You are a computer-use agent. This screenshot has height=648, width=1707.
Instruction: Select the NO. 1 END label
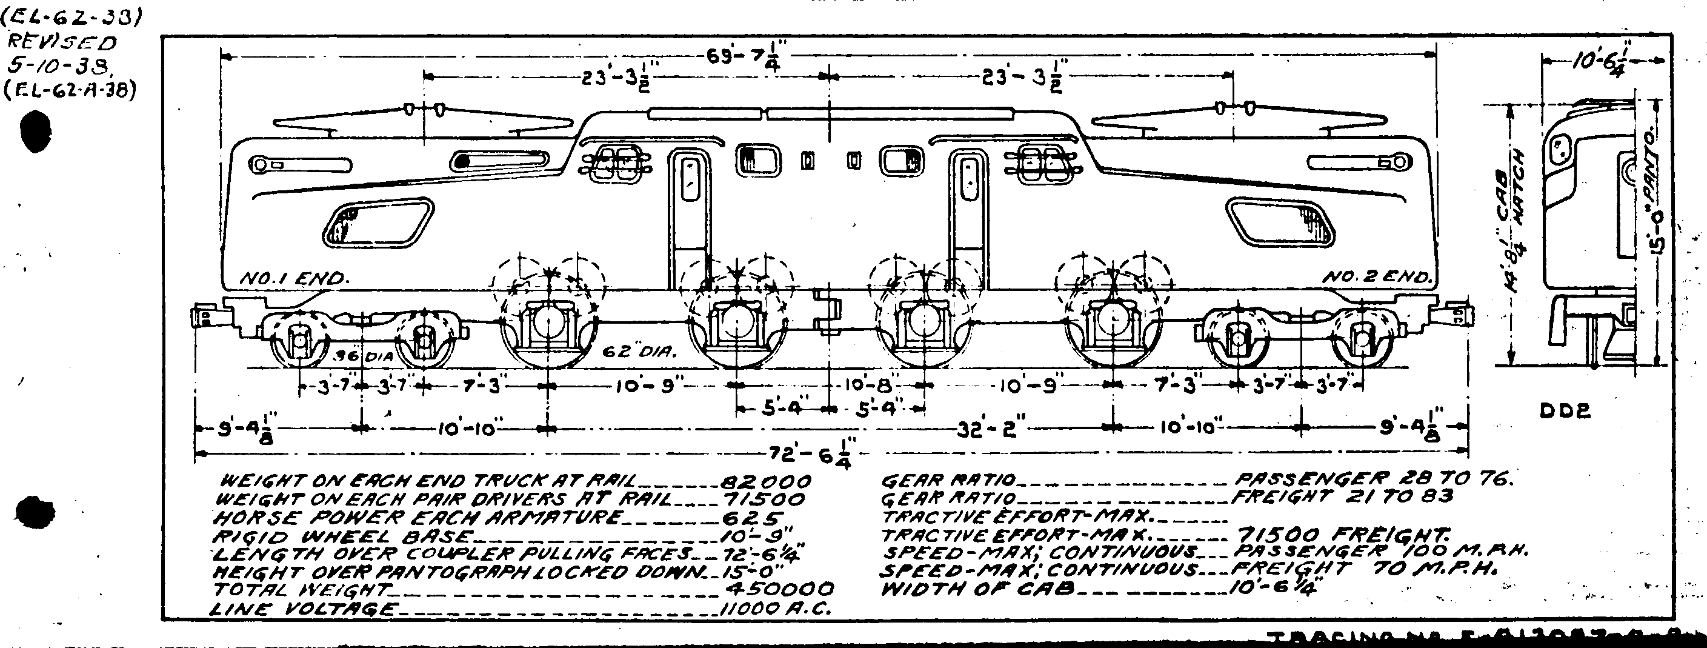tap(292, 279)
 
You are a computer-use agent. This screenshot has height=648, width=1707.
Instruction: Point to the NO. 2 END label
tap(1377, 278)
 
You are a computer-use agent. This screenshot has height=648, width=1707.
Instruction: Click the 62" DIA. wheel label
tap(639, 353)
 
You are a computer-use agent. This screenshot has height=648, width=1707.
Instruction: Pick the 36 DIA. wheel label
tap(362, 356)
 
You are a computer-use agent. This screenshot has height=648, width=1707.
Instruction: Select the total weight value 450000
tap(779, 589)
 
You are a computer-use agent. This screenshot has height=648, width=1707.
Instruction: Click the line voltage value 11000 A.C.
tap(774, 608)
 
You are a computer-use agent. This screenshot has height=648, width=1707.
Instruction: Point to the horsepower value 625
tap(751, 518)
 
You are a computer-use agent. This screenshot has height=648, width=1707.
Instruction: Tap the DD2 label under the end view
tap(1565, 412)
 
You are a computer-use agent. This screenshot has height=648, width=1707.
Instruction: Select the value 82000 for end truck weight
tap(765, 481)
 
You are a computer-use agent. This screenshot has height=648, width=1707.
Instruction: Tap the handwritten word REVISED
tap(61, 43)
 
